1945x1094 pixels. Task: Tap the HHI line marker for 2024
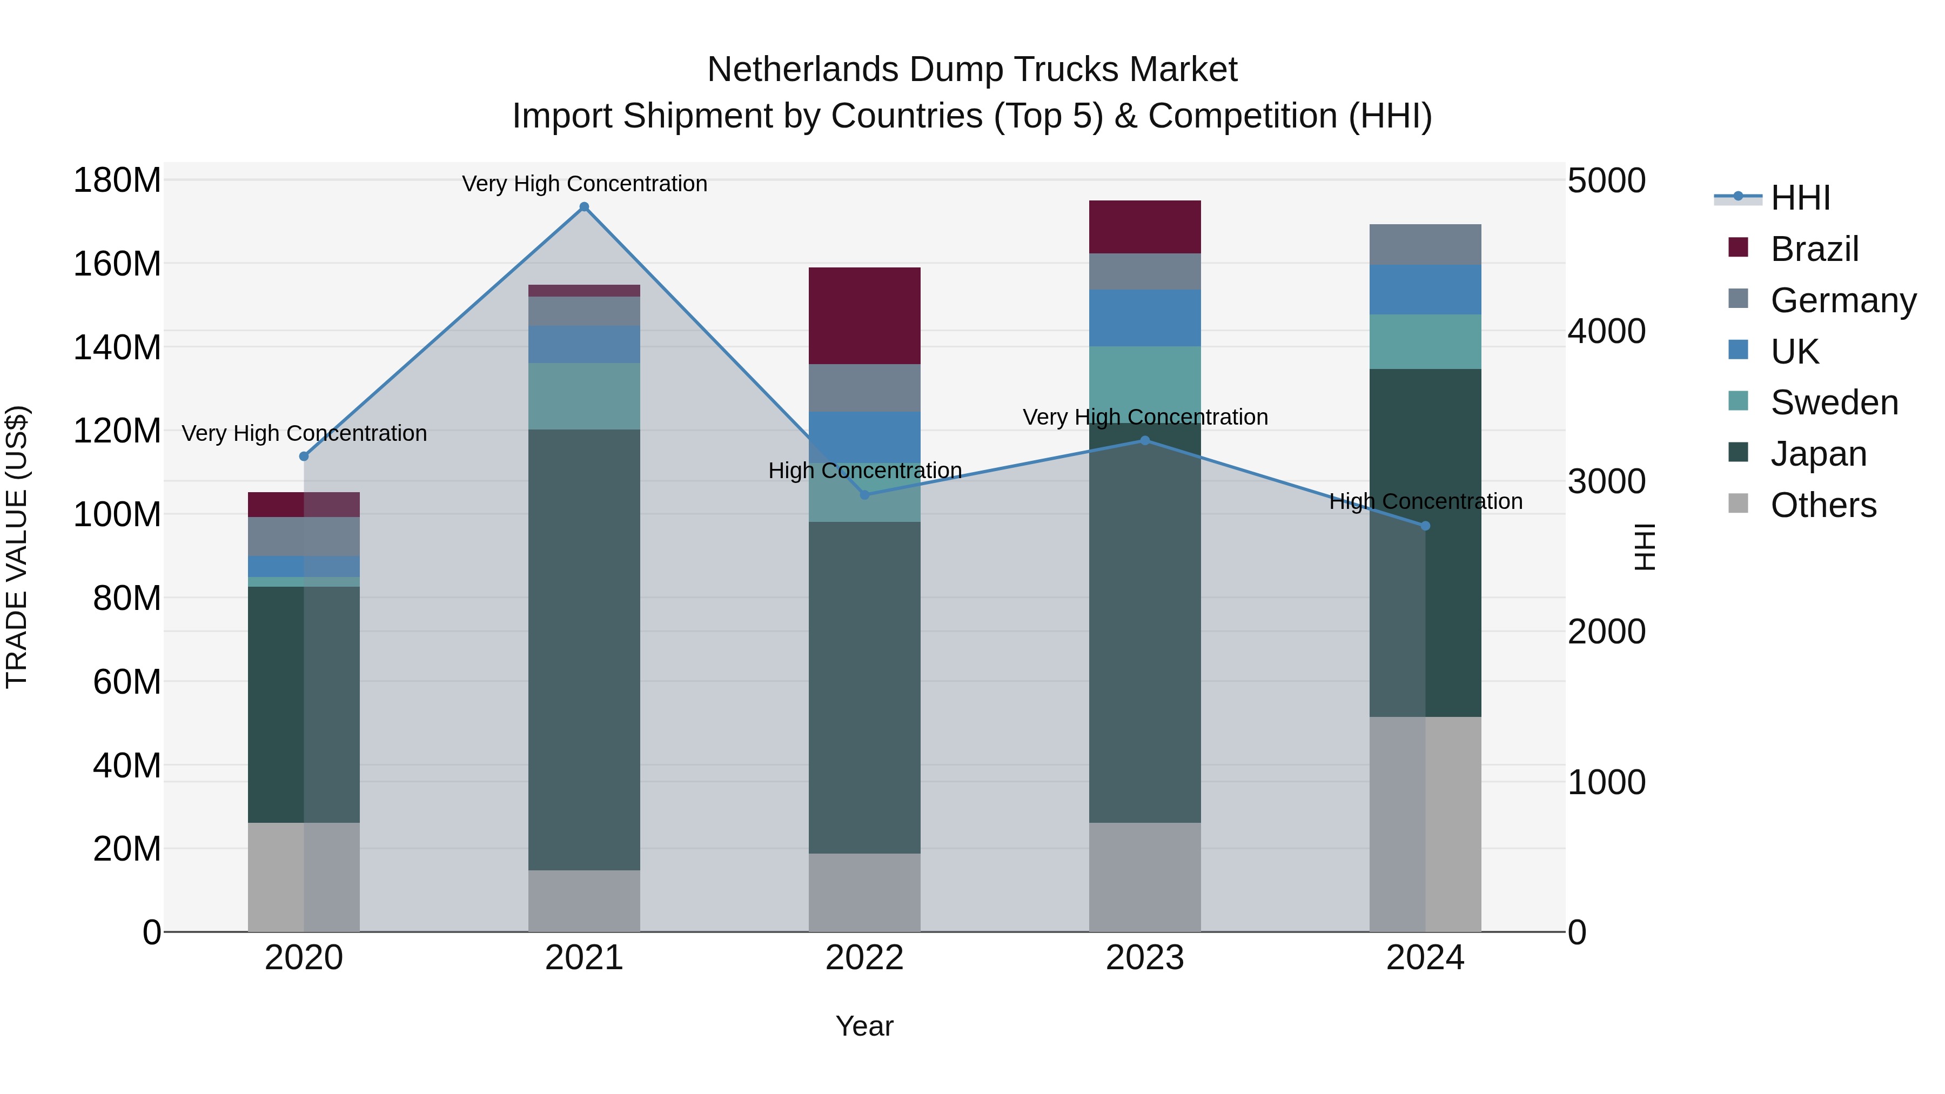(x=1426, y=526)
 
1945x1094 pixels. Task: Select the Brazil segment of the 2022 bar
(x=864, y=316)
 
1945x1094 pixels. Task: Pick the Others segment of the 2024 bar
(x=1426, y=824)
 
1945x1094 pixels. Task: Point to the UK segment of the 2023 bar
(x=1145, y=318)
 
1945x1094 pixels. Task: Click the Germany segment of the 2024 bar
(x=1426, y=245)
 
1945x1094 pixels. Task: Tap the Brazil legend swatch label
(x=1814, y=249)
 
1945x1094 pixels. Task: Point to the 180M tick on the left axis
(x=117, y=181)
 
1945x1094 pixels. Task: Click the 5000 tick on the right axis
(x=1606, y=181)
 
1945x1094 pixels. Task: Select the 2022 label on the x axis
(x=864, y=958)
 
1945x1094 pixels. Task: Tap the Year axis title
(x=864, y=1026)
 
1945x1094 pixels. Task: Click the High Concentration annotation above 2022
(x=864, y=471)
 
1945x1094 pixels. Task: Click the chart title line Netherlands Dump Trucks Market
(x=972, y=70)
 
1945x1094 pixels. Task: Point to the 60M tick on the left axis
(x=127, y=682)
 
